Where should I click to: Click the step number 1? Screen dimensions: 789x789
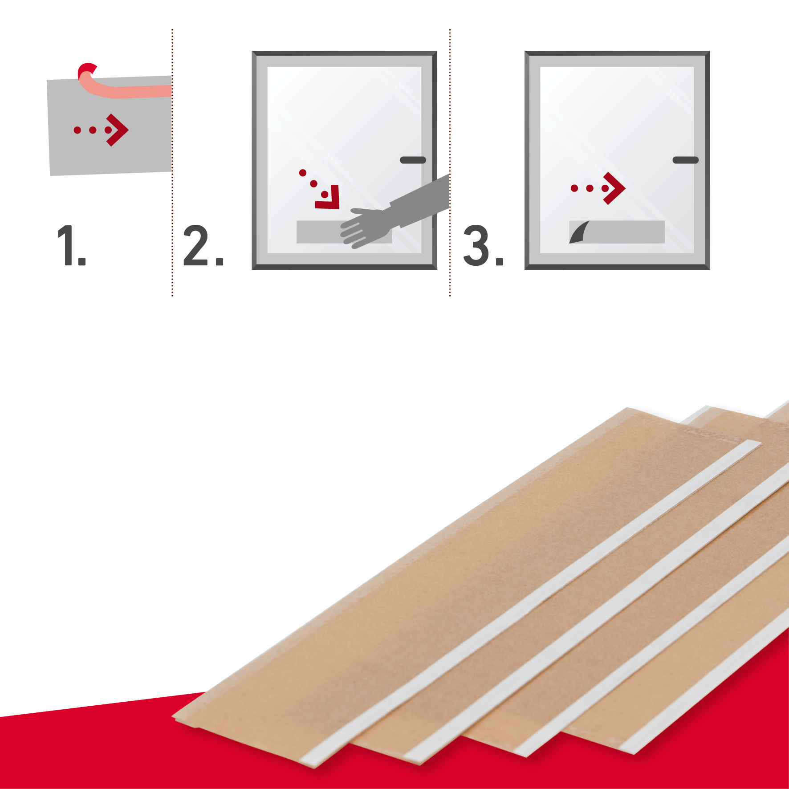pyautogui.click(x=71, y=245)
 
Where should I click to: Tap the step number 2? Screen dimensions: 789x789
pyautogui.click(x=203, y=245)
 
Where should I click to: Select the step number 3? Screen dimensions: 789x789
pyautogui.click(x=483, y=245)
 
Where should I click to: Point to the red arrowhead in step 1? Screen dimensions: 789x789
pyautogui.click(x=118, y=130)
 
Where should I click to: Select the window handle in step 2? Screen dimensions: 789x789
pyautogui.click(x=413, y=160)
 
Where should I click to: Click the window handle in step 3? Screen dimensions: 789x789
pyautogui.click(x=685, y=160)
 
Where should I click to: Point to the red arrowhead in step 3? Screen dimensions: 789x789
pyautogui.click(x=614, y=188)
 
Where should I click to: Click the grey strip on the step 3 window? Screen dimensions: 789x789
pyautogui.click(x=623, y=232)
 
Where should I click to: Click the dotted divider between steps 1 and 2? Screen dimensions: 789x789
pyautogui.click(x=172, y=163)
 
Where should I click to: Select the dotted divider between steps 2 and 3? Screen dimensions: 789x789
pyautogui.click(x=450, y=163)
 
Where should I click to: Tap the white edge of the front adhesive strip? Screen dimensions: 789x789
pyautogui.click(x=530, y=603)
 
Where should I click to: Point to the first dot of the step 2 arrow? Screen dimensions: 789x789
pyautogui.click(x=303, y=173)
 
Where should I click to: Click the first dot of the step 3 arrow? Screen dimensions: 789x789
pyautogui.click(x=574, y=188)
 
